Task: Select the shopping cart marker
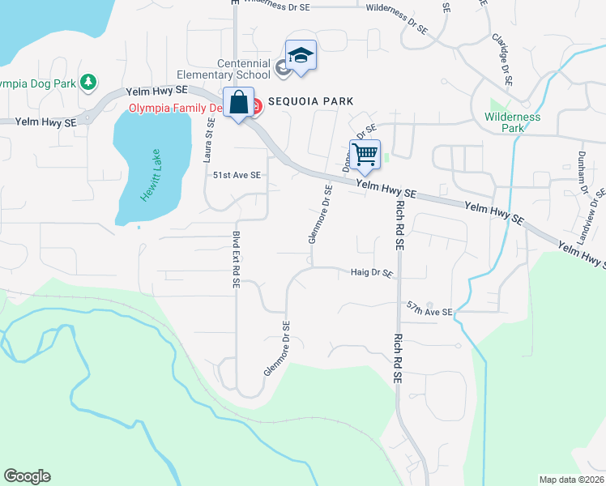click(365, 154)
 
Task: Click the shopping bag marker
click(238, 103)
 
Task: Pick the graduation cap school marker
click(301, 56)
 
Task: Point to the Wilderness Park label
click(512, 122)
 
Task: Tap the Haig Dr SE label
click(372, 273)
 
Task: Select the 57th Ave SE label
click(429, 310)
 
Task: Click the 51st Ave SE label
click(237, 174)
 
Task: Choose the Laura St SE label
click(208, 139)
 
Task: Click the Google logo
click(27, 476)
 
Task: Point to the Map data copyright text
click(572, 480)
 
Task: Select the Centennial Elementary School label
click(243, 70)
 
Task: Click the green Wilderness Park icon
click(497, 104)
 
